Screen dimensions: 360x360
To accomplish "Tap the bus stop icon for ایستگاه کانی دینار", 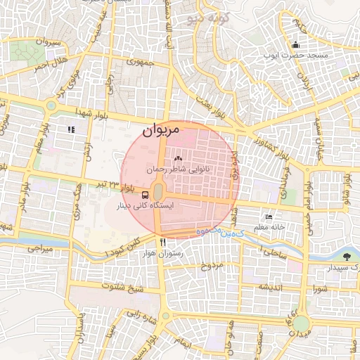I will [x=145, y=195].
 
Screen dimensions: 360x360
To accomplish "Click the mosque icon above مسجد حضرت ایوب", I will [x=295, y=46].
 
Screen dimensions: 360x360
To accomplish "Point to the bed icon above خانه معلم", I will [x=268, y=217].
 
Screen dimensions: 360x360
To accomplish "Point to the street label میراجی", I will [x=41, y=248].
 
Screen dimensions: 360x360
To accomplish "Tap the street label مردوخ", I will [x=212, y=266].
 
